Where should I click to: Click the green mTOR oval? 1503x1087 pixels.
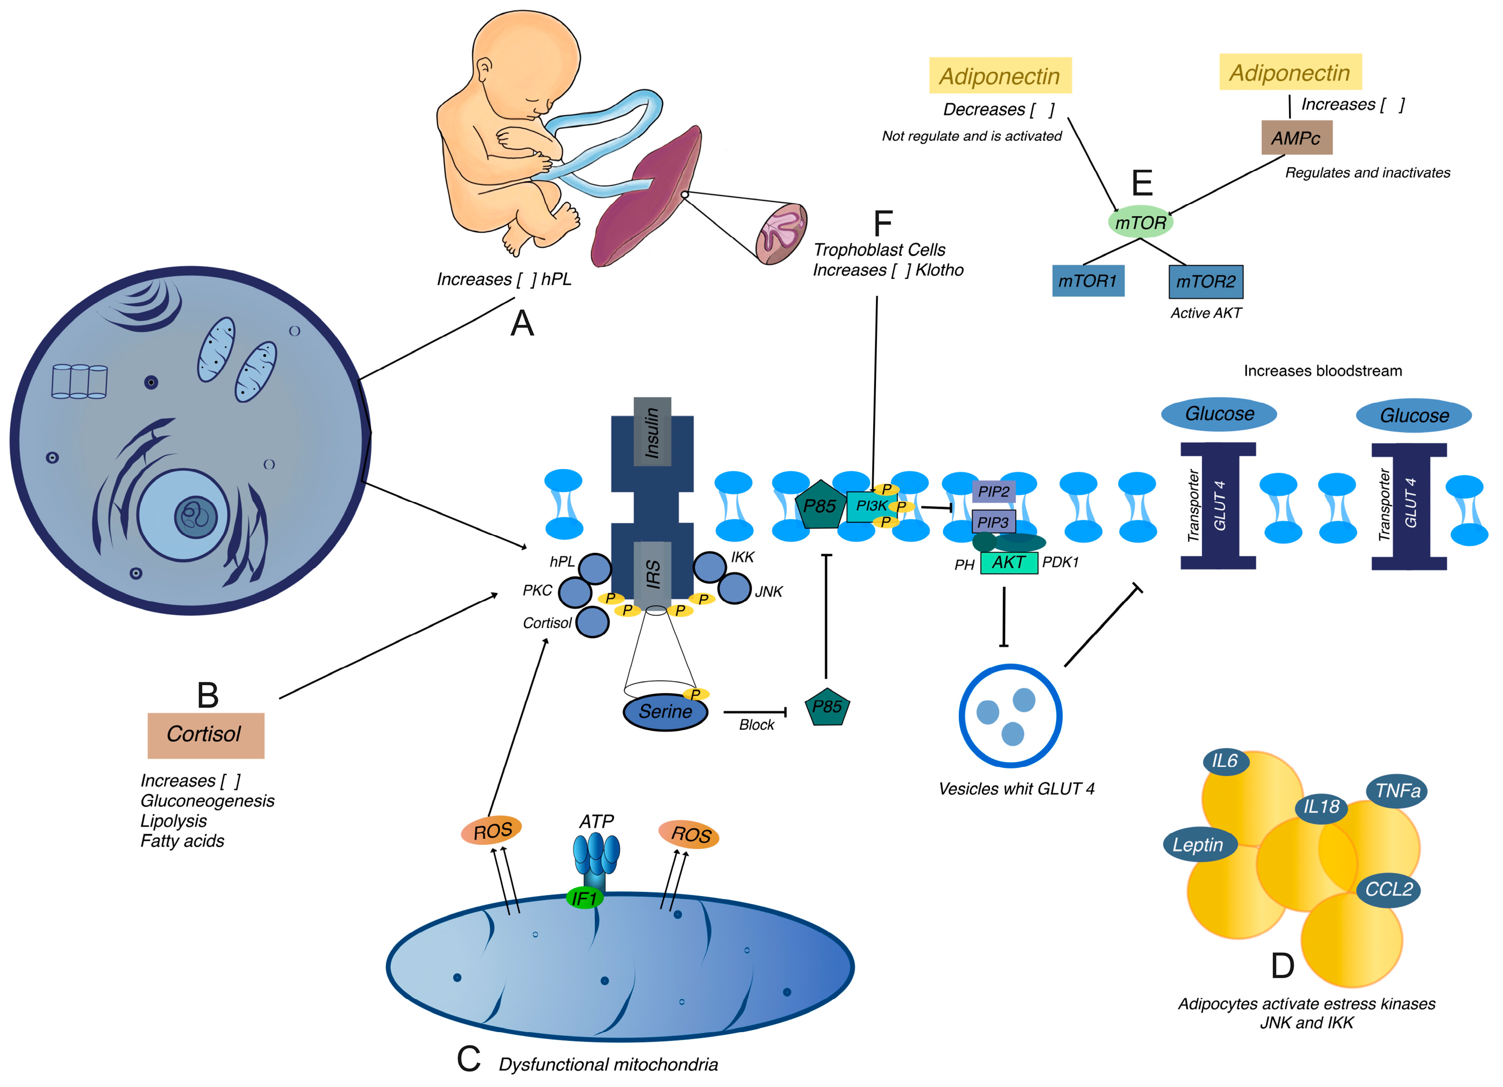point(1140,222)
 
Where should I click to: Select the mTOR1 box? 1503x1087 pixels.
point(1088,281)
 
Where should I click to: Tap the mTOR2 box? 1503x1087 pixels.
point(1206,282)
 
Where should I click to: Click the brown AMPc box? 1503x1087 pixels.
point(1296,138)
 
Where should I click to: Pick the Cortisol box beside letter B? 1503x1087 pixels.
point(205,735)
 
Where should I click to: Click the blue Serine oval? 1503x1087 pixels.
point(665,712)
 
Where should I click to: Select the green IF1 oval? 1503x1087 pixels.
point(584,898)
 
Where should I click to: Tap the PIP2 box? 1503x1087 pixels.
point(993,491)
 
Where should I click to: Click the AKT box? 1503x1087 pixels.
point(1009,563)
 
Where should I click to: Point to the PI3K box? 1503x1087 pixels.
point(871,507)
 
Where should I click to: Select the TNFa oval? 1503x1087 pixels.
point(1397,791)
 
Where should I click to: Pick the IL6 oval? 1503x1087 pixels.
point(1226,761)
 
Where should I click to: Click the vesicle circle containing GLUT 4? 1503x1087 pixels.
point(1010,716)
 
